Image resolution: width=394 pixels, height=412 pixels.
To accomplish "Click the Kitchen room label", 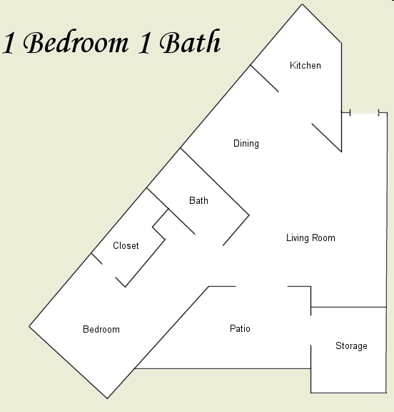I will (305, 66).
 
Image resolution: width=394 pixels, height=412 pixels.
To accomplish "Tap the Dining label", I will (246, 144).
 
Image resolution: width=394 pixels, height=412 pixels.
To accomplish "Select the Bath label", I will (198, 201).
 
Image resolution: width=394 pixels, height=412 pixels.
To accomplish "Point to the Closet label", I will (126, 246).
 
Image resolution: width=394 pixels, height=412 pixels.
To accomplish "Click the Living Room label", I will (310, 238).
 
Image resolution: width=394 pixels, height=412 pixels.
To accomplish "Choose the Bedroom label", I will (101, 330).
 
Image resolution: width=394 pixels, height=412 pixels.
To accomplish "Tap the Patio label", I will (240, 329).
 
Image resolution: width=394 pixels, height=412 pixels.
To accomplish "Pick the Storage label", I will (351, 346).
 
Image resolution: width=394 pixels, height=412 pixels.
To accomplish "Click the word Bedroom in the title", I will (76, 43).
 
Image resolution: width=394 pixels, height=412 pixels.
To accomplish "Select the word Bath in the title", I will (190, 43).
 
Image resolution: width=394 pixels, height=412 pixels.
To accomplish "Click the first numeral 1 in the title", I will (9, 44).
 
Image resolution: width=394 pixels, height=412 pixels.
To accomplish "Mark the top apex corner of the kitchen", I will (303, 5).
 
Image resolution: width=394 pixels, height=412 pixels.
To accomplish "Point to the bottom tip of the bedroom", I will (108, 398).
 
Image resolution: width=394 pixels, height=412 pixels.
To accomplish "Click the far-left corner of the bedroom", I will (29, 326).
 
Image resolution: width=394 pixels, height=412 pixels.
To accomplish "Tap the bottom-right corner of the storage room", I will (386, 392).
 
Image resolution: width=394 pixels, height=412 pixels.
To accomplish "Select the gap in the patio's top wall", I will (261, 287).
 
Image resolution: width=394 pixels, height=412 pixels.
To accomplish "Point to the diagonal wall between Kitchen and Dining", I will (264, 79).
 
